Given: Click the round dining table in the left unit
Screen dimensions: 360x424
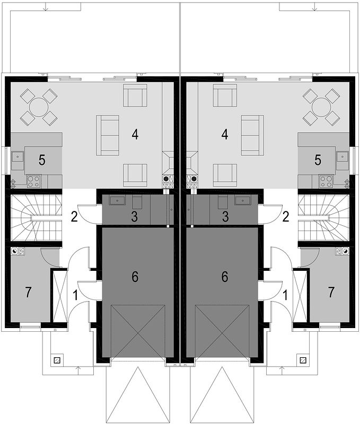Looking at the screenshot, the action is point(39,108).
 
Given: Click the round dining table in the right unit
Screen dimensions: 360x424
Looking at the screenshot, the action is point(321,108).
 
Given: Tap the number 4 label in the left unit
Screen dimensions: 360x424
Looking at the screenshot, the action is point(135,134).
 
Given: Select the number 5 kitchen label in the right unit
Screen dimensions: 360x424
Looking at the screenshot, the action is point(318,160).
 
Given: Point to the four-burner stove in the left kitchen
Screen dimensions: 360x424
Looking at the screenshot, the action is point(33,181).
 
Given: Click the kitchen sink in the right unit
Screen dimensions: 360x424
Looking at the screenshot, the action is point(343,156).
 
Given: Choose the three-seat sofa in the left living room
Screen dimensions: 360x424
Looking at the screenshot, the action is point(108,135).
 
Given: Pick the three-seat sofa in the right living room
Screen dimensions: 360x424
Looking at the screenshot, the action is point(252,135).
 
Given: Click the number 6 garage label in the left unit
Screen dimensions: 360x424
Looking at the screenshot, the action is point(135,277).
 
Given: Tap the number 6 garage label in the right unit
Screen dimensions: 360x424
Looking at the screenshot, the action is point(224,277).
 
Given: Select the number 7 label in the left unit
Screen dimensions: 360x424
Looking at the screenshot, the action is point(28,292).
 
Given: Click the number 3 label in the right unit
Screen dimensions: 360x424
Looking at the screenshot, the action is point(225,217).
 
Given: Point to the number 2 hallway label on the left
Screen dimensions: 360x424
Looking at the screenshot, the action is point(74,217).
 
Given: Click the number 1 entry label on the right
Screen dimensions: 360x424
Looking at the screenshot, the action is point(285,295).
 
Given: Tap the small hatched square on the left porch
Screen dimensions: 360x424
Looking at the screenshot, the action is point(57,360).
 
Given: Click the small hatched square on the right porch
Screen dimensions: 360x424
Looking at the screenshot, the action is point(303,360).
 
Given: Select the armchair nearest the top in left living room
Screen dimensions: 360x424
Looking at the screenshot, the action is point(135,95).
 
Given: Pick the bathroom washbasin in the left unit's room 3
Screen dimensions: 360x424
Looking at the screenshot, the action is point(117,201).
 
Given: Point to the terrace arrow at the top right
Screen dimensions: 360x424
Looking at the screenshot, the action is point(314,6).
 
